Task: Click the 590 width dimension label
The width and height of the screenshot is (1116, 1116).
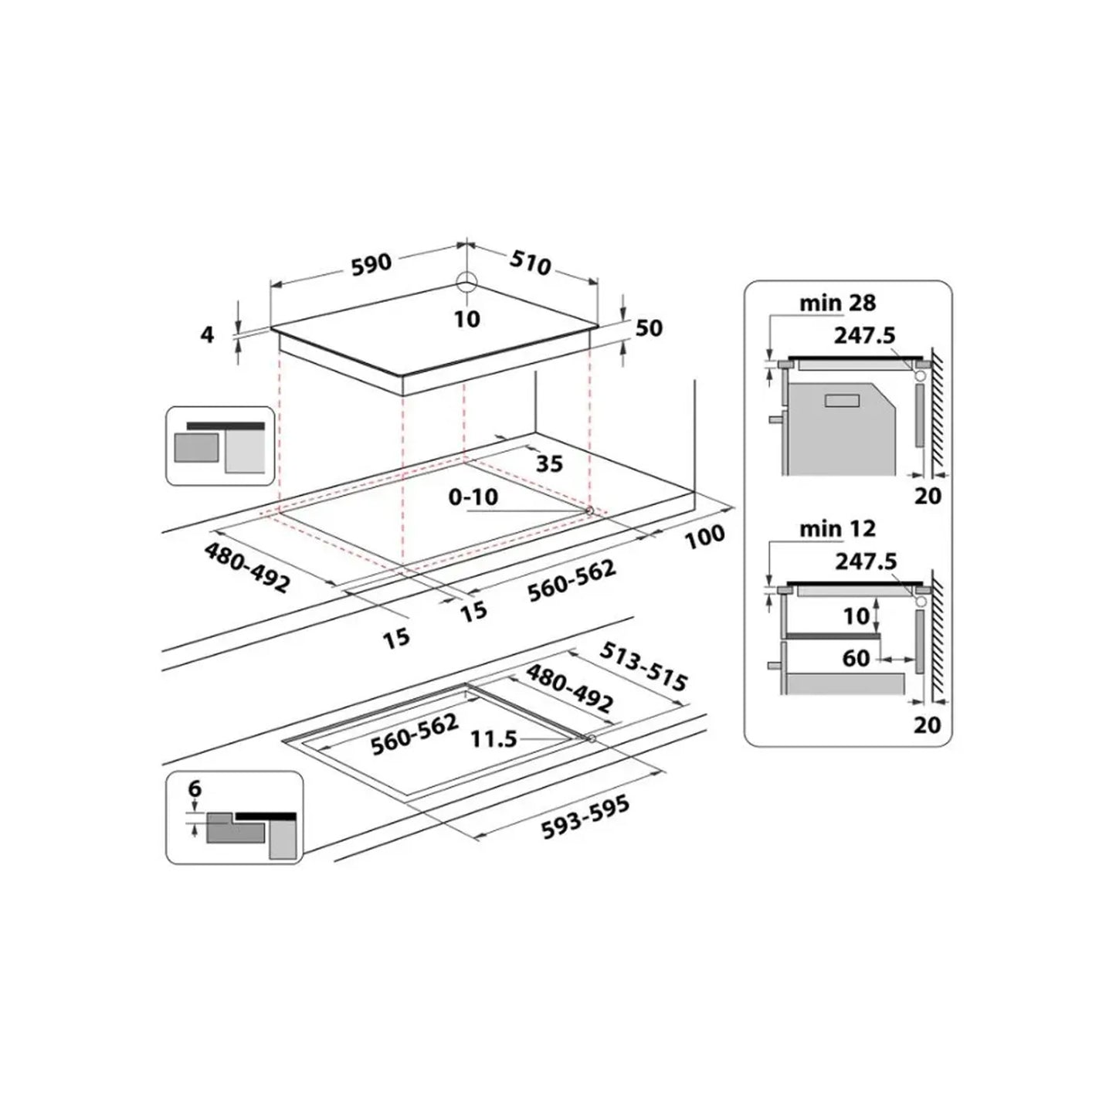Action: [371, 264]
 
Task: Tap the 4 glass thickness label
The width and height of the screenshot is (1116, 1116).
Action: [207, 334]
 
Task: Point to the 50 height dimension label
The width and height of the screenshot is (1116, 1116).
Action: [650, 327]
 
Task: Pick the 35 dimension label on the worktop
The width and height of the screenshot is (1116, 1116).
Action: [549, 463]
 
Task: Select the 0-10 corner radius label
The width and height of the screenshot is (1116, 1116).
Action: [473, 497]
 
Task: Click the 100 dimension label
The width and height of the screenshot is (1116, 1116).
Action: [705, 537]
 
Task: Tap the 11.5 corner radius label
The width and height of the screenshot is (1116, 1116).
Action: [494, 739]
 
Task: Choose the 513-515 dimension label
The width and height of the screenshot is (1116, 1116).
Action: [643, 666]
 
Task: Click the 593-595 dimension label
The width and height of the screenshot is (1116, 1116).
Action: [585, 818]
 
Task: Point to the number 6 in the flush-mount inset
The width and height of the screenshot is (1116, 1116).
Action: [195, 789]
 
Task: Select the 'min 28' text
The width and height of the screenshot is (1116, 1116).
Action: [837, 303]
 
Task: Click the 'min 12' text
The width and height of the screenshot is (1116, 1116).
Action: [837, 529]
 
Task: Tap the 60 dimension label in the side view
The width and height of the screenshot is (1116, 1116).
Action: [857, 659]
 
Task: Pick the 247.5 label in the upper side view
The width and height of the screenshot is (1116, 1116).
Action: [865, 335]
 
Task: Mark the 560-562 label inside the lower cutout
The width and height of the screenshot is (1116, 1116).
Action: [415, 734]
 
